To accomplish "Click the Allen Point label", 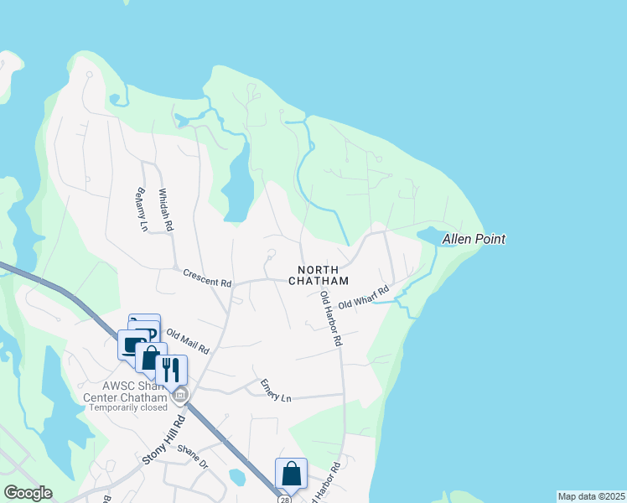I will click(x=474, y=240).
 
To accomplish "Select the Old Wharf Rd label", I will click(x=364, y=299).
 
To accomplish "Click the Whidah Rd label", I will click(x=164, y=209).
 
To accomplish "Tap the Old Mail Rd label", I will click(x=188, y=341).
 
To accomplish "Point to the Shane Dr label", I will click(x=193, y=452).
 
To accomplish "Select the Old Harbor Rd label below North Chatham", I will click(x=330, y=319).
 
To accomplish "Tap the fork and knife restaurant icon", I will click(x=171, y=369).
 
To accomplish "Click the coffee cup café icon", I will click(x=132, y=345).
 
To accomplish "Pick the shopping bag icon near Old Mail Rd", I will click(x=151, y=358).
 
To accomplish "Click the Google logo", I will click(x=28, y=493).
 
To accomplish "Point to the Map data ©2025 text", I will click(x=590, y=496).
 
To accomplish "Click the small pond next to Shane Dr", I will click(x=237, y=477).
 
